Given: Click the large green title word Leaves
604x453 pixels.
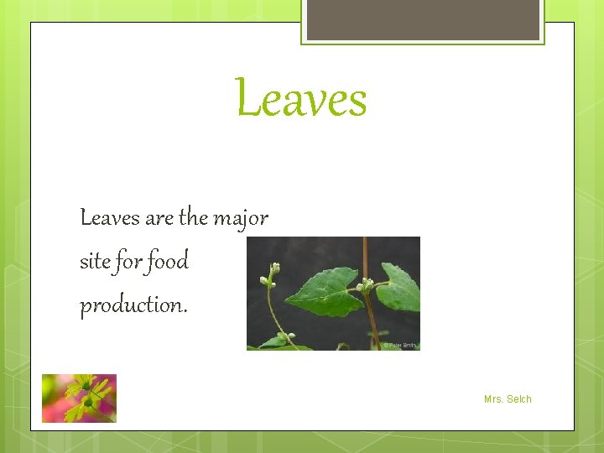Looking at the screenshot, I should tap(301, 99).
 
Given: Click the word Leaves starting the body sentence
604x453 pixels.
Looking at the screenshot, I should tap(109, 218).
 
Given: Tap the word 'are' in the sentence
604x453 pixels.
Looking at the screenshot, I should tap(159, 219).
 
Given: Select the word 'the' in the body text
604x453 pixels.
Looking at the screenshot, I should tap(193, 218).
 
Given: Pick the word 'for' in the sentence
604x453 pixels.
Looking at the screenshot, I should tap(128, 262).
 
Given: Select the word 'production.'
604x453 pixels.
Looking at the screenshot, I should tap(133, 306).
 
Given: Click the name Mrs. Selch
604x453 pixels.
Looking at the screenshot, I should tap(508, 399).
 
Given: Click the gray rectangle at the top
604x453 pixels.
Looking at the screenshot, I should tap(423, 19).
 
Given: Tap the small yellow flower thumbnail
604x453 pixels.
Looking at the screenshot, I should tap(79, 398).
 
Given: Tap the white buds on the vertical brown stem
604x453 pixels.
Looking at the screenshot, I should tap(367, 284).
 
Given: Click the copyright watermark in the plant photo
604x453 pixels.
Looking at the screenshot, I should tap(399, 345).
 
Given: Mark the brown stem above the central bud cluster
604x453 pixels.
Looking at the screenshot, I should tap(365, 256).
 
